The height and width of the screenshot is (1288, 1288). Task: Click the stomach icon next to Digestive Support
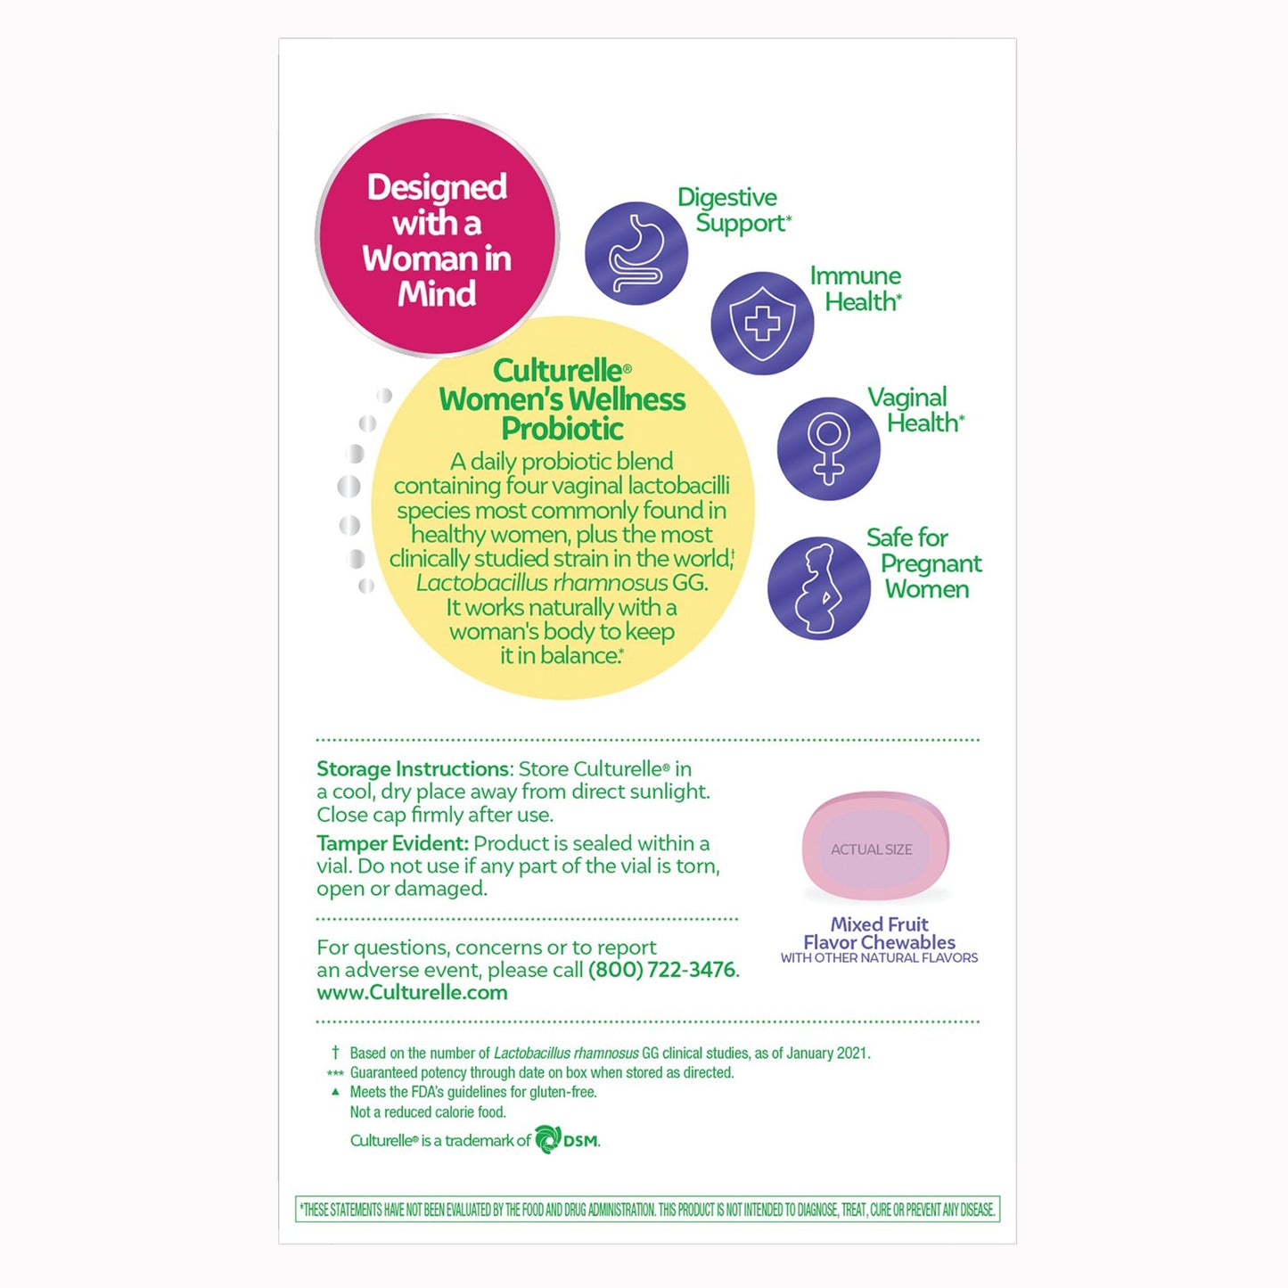point(636,253)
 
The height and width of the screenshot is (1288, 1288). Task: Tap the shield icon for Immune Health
point(761,323)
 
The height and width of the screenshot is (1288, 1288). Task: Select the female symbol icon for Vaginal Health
point(828,448)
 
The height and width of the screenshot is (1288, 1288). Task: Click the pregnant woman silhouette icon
point(818,587)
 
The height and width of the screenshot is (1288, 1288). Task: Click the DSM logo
point(567,1140)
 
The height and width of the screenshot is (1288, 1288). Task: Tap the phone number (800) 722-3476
point(662,970)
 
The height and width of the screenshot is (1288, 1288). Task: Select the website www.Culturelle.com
point(412,993)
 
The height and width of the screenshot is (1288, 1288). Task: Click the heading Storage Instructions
point(412,769)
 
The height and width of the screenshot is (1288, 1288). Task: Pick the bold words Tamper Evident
point(390,843)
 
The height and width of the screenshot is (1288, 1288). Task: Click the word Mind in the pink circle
point(437,294)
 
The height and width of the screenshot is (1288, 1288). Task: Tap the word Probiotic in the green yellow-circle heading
point(562,429)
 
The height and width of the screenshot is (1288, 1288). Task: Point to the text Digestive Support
point(733,210)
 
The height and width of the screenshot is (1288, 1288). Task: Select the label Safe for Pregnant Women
point(923,563)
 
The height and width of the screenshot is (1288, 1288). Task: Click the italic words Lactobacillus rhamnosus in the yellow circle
point(541,583)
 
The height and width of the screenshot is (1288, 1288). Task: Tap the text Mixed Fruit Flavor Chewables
point(879,933)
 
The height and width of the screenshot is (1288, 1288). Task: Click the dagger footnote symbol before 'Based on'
point(335,1053)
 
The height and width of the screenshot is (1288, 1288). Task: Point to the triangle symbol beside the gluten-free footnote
point(335,1091)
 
